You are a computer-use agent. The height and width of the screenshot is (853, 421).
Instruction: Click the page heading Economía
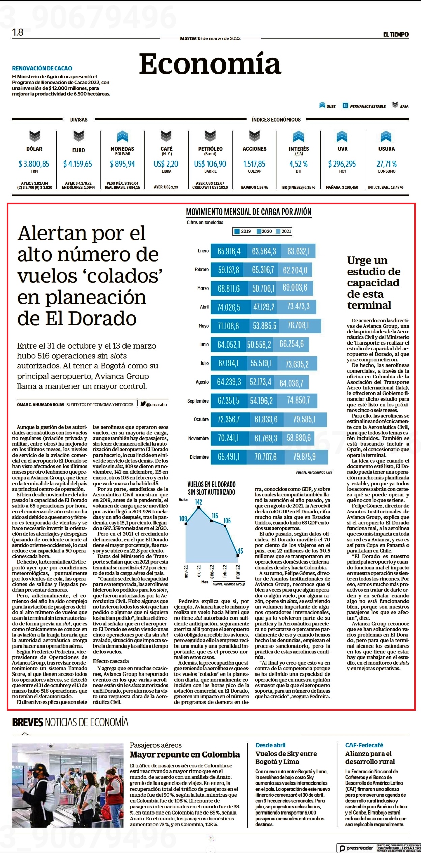click(x=210, y=64)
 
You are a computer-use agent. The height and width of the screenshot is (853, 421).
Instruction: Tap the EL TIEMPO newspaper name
click(x=396, y=34)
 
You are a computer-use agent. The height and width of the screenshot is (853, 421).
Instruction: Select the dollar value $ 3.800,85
click(x=34, y=164)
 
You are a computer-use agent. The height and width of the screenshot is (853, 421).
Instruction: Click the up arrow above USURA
click(x=386, y=136)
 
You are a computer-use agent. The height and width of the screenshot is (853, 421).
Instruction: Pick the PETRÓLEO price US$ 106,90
click(x=210, y=164)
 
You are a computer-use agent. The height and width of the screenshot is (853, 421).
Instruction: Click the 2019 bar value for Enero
click(x=229, y=251)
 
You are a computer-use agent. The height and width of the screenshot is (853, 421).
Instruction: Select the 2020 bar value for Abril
click(x=264, y=307)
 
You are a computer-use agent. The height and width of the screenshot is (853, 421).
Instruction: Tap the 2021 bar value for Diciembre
click(x=305, y=457)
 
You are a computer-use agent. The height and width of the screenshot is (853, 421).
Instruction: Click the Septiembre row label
click(x=198, y=401)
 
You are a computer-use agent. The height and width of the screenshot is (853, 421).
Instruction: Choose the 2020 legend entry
click(x=264, y=231)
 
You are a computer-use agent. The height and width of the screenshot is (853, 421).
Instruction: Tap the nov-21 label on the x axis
click(x=186, y=571)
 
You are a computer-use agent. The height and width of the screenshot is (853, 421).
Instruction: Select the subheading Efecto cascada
click(x=111, y=661)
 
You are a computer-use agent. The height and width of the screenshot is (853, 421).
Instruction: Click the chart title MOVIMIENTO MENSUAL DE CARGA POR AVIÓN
click(x=249, y=212)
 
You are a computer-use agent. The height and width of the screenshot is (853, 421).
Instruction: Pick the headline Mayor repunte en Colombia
click(x=185, y=754)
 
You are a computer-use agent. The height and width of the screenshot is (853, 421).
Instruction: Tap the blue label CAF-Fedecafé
click(x=364, y=745)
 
